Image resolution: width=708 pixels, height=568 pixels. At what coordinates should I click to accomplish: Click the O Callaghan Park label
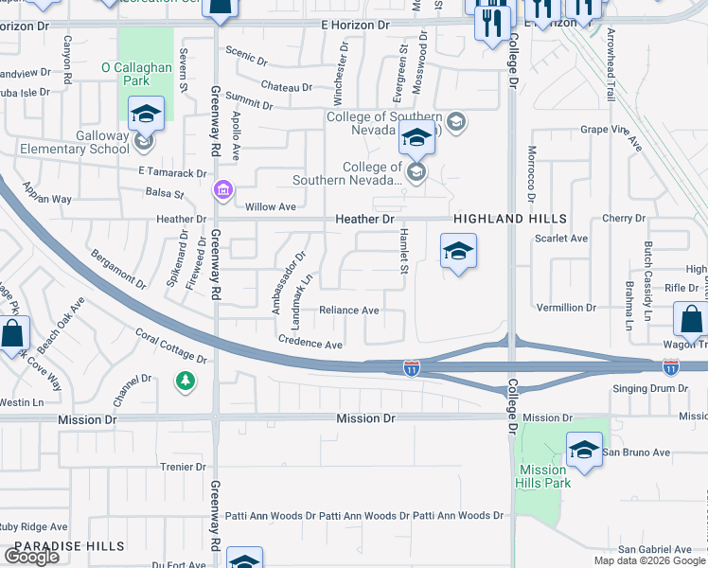133,75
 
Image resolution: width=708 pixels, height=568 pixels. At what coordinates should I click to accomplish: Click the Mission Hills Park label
544,476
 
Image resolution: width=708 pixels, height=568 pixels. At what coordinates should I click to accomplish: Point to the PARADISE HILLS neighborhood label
69,546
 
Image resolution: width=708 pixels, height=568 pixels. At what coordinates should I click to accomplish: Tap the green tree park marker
186,381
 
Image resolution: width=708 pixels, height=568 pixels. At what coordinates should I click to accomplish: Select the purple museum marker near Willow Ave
222,191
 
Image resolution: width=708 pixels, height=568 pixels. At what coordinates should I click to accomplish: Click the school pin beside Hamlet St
458,252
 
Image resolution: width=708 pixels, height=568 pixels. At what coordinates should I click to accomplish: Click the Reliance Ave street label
348,311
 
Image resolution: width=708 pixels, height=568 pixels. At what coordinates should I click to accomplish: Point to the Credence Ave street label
310,344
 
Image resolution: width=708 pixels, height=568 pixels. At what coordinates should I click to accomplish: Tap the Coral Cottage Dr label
170,346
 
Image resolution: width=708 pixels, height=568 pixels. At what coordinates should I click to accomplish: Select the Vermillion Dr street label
566,308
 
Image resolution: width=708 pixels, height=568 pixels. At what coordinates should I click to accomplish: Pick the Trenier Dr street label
183,467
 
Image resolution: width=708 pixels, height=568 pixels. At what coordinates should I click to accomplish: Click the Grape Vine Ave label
611,138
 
